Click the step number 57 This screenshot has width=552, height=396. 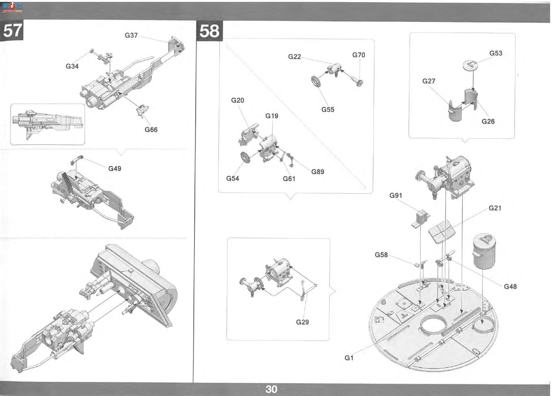pos(13,31)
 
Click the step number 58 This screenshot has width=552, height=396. pos(209,31)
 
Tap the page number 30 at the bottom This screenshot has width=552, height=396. pos(271,389)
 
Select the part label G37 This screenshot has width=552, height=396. pos(131,35)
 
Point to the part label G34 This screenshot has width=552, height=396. pos(72,66)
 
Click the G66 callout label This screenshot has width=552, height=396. pos(151,130)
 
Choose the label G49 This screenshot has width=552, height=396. pos(115,169)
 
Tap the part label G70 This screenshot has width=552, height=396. pos(359,55)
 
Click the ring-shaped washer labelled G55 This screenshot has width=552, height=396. pos(316,81)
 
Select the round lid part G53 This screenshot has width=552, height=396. pos(470,65)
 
